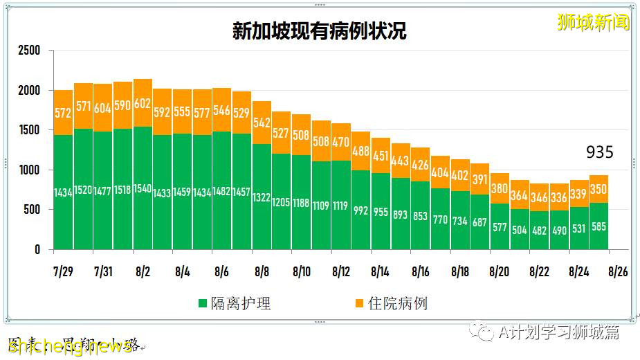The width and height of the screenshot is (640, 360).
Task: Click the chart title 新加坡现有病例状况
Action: (319, 31)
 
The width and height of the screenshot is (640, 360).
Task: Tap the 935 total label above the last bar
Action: (599, 152)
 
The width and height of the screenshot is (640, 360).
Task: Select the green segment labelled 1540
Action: (143, 188)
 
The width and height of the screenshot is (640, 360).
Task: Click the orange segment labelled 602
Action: (143, 102)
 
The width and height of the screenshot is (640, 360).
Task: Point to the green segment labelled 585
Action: (599, 226)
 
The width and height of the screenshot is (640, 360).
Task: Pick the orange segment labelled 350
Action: (599, 188)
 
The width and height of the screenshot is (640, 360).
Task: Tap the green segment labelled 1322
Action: (262, 197)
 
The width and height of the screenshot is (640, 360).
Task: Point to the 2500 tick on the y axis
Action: (29, 51)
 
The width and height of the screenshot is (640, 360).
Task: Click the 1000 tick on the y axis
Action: (29, 170)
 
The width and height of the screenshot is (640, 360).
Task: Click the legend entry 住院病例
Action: (390, 303)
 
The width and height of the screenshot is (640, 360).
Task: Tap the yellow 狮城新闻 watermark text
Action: (593, 22)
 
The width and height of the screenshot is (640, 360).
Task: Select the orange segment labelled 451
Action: (381, 156)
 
